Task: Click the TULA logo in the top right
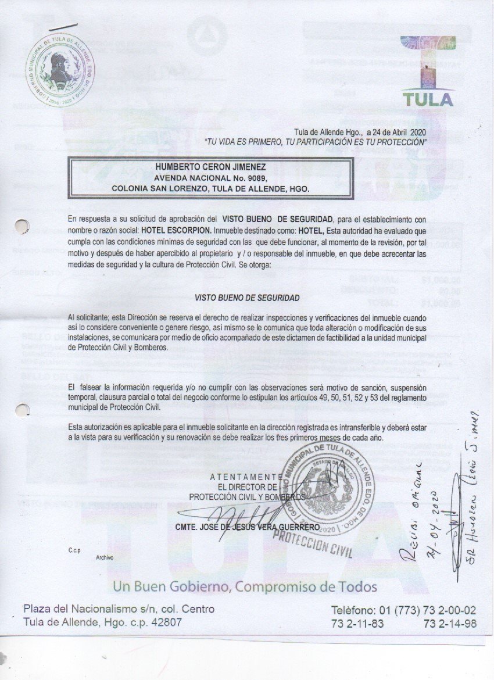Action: tap(428, 72)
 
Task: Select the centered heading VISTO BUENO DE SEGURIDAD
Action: tap(247, 298)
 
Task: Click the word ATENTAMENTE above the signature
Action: tap(246, 478)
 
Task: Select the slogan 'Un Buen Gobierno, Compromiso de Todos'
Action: tap(245, 586)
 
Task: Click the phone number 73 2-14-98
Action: tap(450, 623)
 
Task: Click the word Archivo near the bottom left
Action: tap(105, 557)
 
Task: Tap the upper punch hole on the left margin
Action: tap(22, 226)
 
